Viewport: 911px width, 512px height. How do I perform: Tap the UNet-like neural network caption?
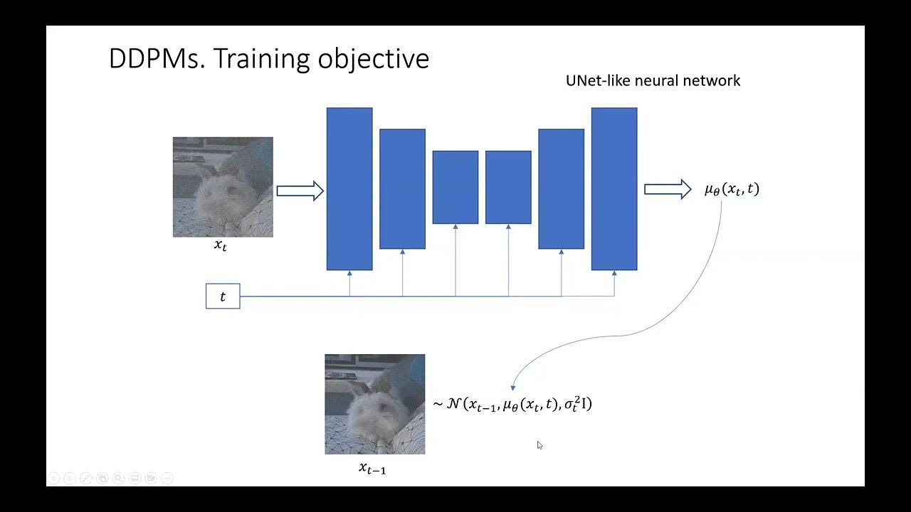(x=653, y=80)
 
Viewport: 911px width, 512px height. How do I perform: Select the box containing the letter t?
(x=223, y=297)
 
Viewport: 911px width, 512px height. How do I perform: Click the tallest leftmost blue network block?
(x=349, y=188)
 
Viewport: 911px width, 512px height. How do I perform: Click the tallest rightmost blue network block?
(x=614, y=188)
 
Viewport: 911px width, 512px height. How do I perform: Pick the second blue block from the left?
(x=402, y=188)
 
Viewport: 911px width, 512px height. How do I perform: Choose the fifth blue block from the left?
(x=561, y=188)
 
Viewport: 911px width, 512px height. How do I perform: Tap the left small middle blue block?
(x=455, y=187)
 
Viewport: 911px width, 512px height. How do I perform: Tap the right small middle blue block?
(x=508, y=187)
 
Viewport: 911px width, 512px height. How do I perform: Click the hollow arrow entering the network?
(x=300, y=191)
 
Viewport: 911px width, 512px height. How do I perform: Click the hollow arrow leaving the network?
(x=668, y=189)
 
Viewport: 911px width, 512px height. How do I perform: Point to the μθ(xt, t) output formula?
(x=732, y=189)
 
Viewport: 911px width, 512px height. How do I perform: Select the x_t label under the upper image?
(x=221, y=246)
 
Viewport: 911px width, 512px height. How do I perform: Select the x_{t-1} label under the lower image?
(x=372, y=469)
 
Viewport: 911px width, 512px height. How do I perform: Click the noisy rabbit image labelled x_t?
(x=223, y=187)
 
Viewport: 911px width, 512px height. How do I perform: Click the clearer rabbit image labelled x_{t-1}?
(x=375, y=404)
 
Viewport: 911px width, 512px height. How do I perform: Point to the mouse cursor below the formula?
(x=539, y=445)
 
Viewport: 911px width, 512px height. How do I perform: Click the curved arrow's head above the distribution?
(x=513, y=387)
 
